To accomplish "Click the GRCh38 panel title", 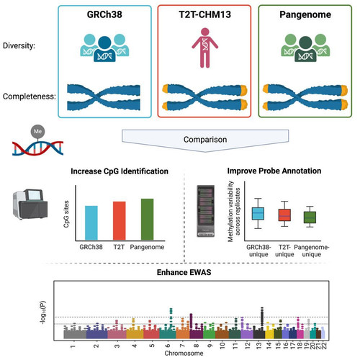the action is pos(104,14).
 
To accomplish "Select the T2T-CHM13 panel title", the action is pos(204,14).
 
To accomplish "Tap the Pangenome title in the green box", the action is pos(305,14).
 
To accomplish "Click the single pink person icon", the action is pos(204,48).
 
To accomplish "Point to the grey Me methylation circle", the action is pos(37,131).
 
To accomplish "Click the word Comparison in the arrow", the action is pos(205,140).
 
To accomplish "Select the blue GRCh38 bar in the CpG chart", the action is pos(91,222).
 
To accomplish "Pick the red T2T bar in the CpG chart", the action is pos(120,220).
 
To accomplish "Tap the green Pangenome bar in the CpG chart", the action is pos(147,219).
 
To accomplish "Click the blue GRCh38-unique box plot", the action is pos(258,213).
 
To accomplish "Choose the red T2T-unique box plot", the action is pos(284,215).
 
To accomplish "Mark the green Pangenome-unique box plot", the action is pos(310,217).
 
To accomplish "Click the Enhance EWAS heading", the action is pos(184,272).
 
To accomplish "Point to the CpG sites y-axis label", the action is pos(66,214).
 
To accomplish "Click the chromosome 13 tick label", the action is pos(258,346).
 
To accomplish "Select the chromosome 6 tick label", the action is pos(168,346).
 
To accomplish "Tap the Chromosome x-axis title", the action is pos(184,354).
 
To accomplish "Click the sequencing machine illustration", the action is pos(30,204).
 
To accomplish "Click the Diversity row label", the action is pos(19,45).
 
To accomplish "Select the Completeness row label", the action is pos(30,96).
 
